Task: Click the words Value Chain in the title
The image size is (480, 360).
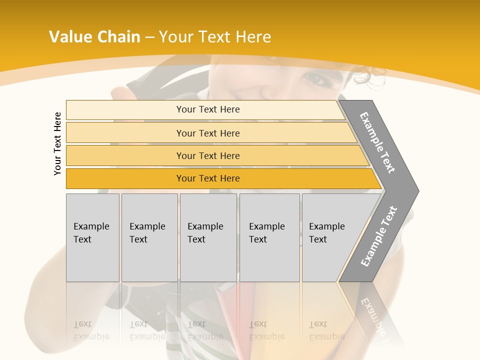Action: coord(94,37)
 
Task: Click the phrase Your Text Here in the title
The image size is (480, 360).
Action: coord(215,37)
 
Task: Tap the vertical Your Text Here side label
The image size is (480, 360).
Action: coord(57,144)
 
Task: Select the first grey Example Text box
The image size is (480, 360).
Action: coord(92,237)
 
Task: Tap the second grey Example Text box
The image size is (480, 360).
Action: coord(149,237)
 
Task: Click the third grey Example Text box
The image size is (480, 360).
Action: coord(208,237)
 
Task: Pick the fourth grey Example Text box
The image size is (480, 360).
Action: coord(269,237)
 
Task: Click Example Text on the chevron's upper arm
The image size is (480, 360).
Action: coord(377,142)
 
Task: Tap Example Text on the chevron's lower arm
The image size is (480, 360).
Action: coord(379,236)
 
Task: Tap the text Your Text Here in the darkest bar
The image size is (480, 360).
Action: coord(208,178)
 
